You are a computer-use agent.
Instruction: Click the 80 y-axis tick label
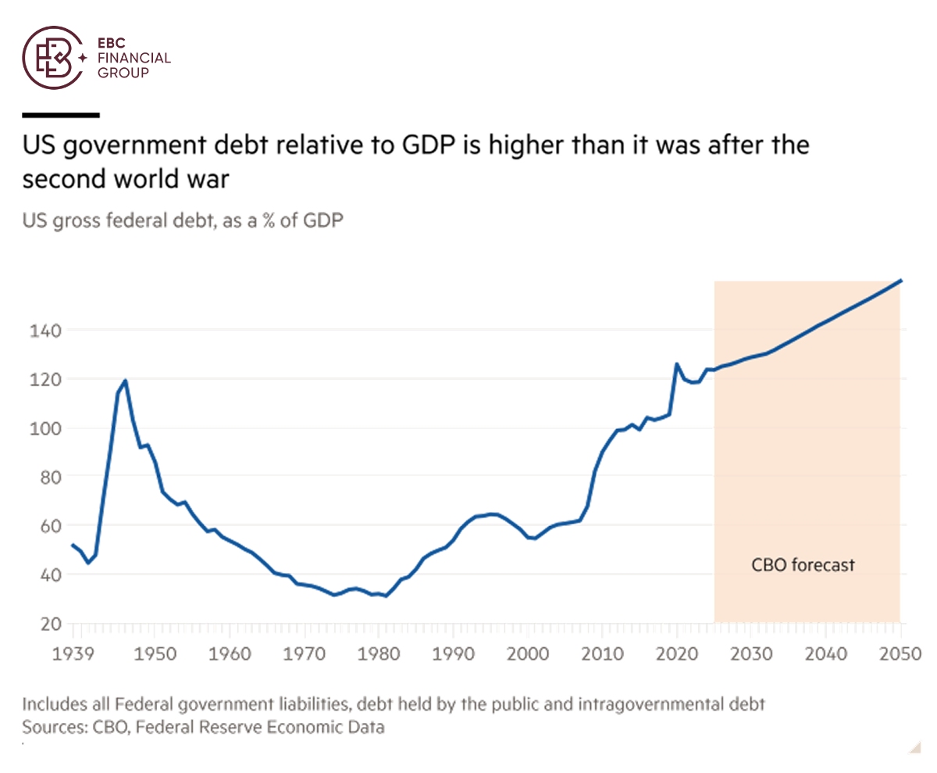(x=48, y=477)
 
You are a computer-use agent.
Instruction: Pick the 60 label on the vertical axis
(x=48, y=525)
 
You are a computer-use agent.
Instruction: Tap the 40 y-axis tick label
(x=48, y=574)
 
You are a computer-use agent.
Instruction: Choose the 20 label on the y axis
(x=48, y=624)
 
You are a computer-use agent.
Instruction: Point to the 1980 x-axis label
(x=379, y=653)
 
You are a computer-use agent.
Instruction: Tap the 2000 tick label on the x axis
(x=528, y=653)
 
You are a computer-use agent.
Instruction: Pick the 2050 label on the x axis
(x=900, y=653)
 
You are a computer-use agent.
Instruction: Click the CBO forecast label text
(x=803, y=564)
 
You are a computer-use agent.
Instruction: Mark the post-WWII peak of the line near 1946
(x=125, y=381)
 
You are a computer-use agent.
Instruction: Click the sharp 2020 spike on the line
(x=676, y=363)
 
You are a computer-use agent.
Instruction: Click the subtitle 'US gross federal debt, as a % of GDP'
(x=183, y=220)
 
